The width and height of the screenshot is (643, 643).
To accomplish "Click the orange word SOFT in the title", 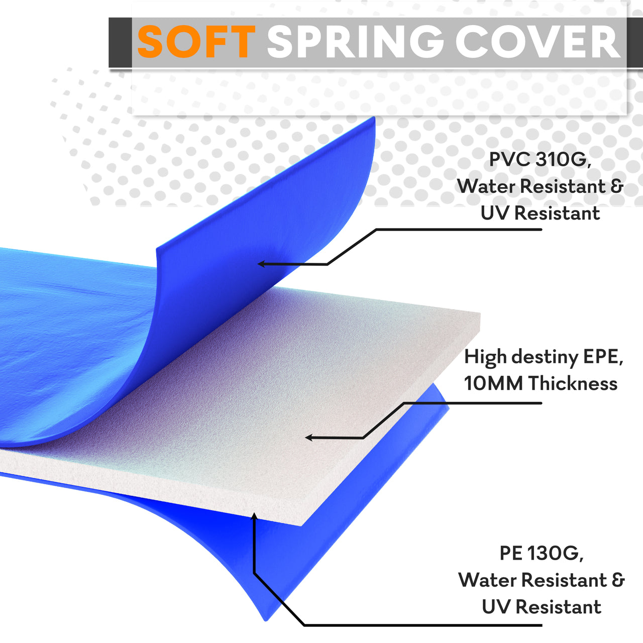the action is click(196, 42).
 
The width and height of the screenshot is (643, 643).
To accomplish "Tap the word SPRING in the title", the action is click(355, 42).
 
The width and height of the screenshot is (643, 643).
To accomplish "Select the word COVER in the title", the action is click(538, 42).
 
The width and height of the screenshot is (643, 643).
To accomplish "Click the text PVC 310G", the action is click(540, 160).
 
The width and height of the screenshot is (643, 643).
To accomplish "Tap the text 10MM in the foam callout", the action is click(493, 383).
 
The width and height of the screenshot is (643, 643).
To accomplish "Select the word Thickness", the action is click(573, 383).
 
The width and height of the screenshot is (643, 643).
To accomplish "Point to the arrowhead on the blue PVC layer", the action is click(262, 264).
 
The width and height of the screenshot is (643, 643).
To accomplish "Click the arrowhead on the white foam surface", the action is click(309, 438).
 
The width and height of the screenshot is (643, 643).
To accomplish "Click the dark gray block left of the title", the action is click(120, 42).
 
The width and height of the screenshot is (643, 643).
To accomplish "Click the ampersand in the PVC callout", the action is click(617, 186).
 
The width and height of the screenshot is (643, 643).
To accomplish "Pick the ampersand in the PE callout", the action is click(618, 580).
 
